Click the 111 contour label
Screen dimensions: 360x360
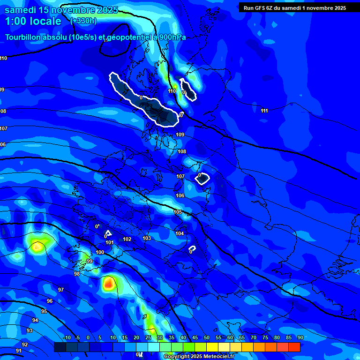coord(264,111)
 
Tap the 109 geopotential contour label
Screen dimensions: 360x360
coord(180,135)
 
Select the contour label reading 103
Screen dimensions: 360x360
coord(147,239)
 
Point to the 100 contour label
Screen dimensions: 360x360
coord(100,252)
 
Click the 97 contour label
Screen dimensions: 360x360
coord(61,290)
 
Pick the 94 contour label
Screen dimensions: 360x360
coord(35,320)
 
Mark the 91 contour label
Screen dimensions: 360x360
coord(19,351)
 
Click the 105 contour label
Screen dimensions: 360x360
coord(178,212)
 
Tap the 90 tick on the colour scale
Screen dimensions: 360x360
coord(300,337)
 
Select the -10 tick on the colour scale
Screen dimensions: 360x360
coord(67,337)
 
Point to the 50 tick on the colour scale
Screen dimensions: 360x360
coord(207,337)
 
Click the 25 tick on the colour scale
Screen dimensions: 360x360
coord(148,337)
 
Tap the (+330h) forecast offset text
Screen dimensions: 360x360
coord(83,21)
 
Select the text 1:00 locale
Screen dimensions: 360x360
coord(33,21)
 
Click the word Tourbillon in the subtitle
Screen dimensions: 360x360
coord(22,37)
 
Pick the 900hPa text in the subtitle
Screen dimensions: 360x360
coord(170,37)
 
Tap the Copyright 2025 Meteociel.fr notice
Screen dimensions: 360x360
coord(198,357)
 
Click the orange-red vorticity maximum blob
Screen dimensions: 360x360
coord(109,283)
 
